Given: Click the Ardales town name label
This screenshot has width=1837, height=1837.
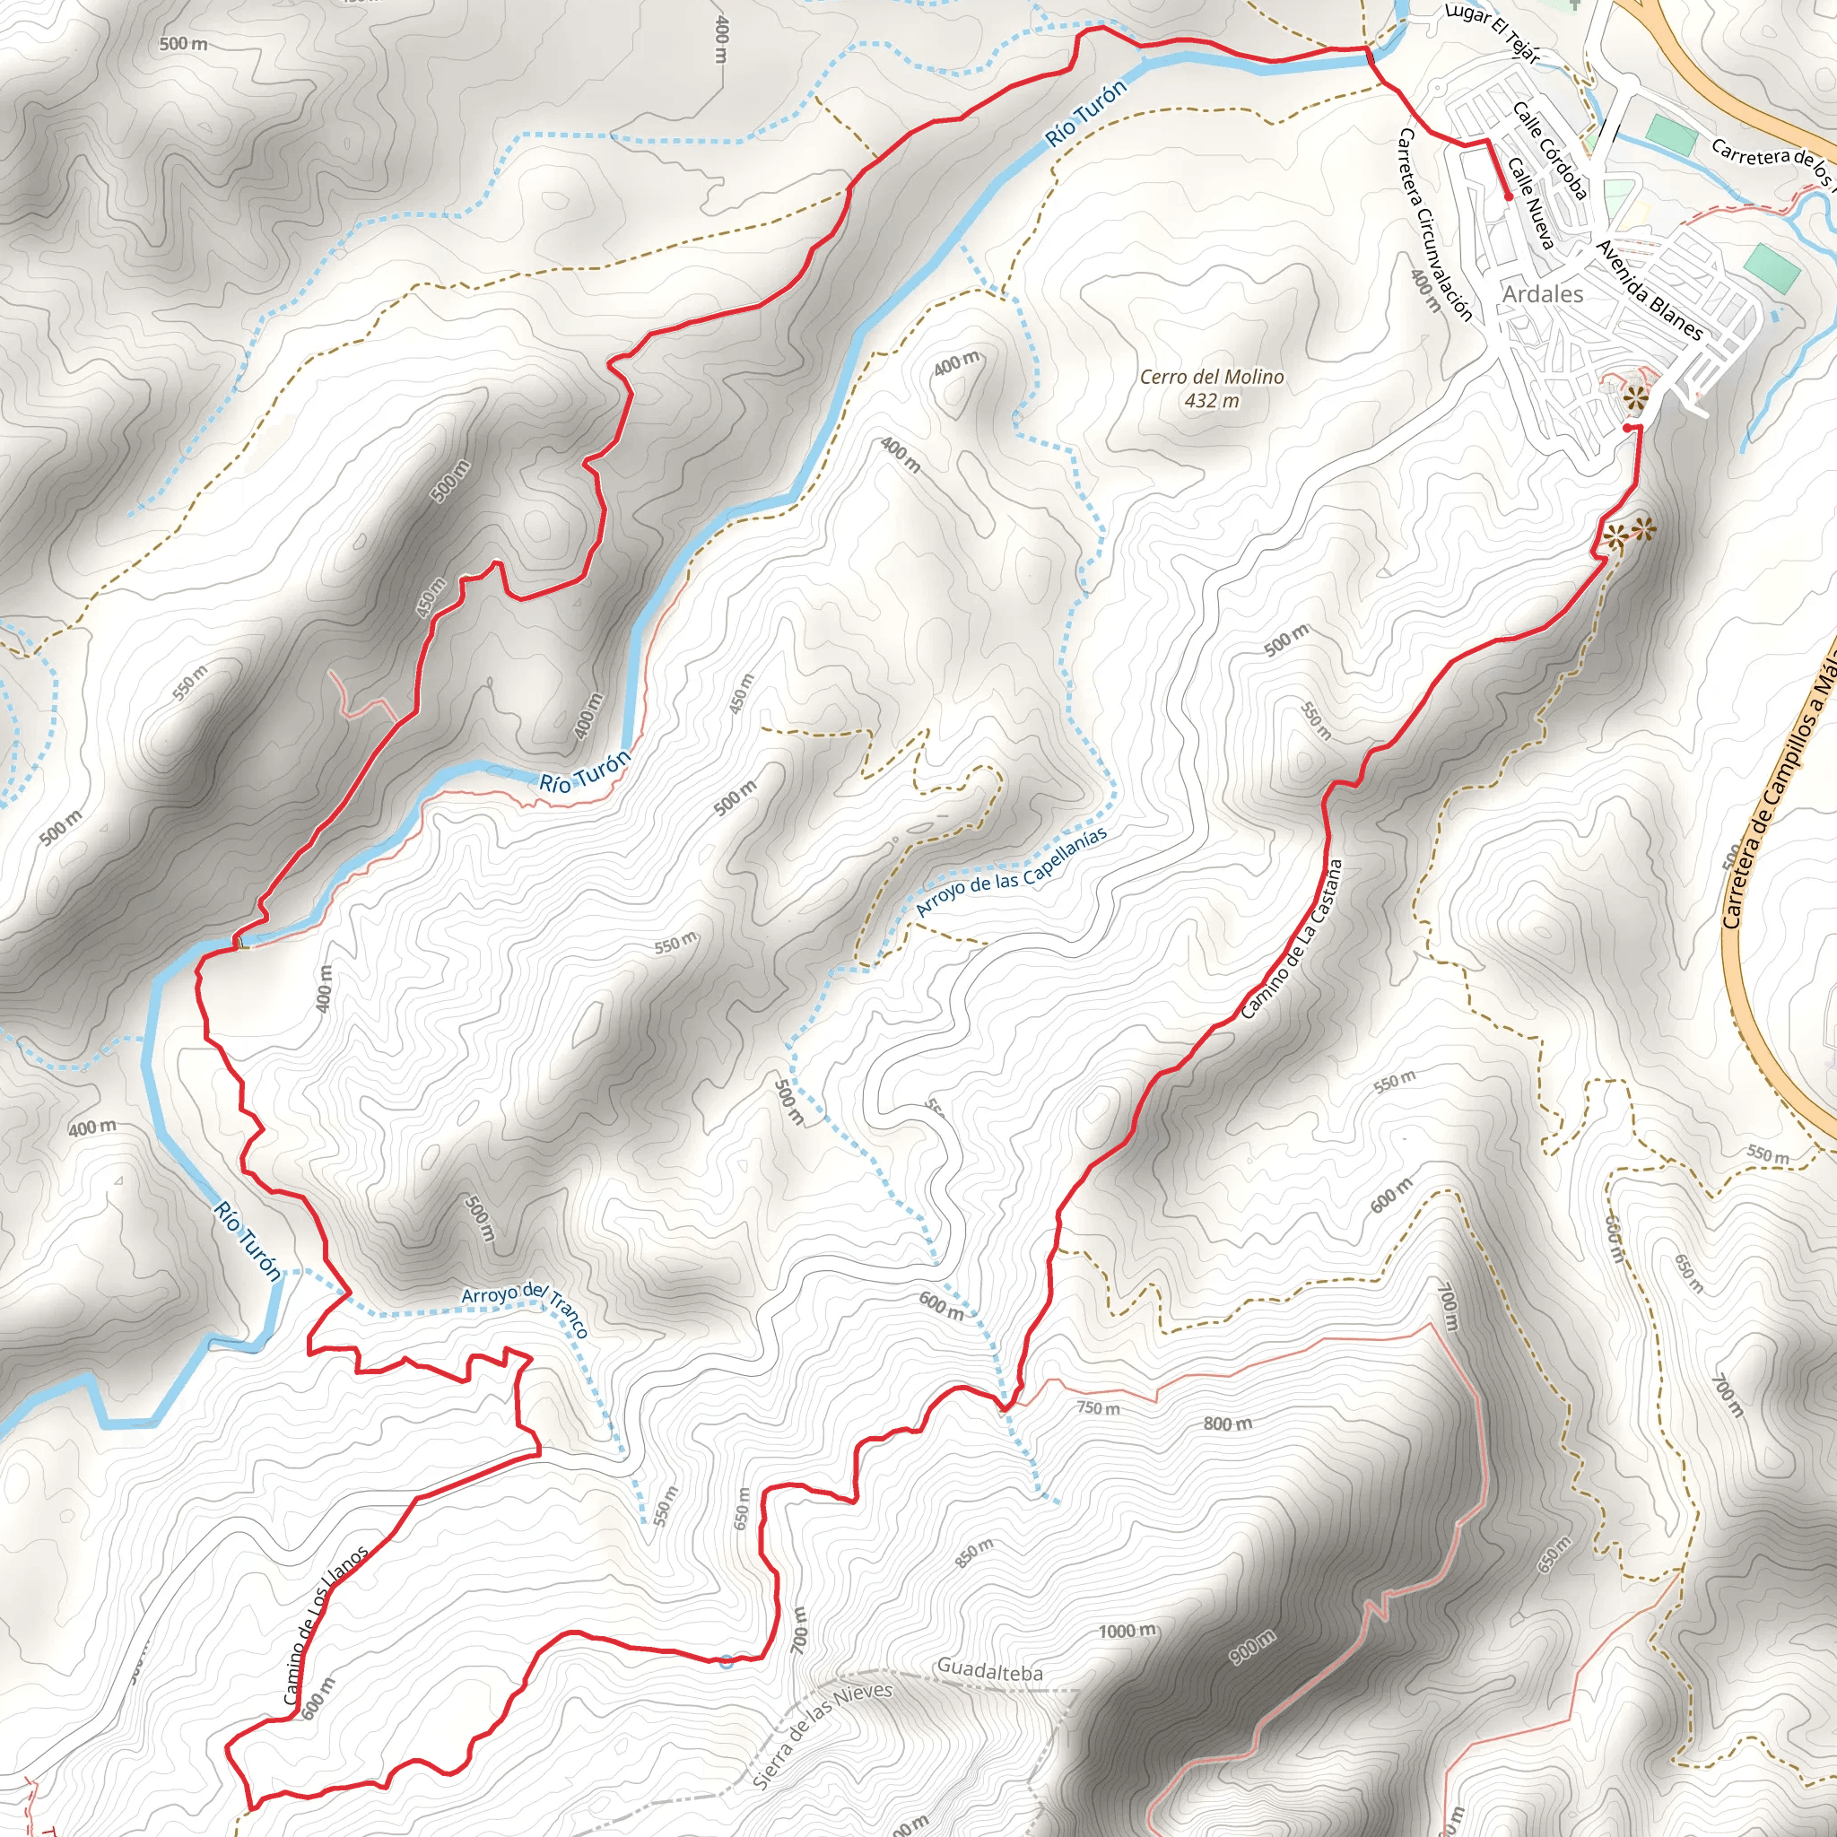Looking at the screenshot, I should coord(1542,294).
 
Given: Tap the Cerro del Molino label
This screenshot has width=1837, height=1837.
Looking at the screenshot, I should coord(1211,378).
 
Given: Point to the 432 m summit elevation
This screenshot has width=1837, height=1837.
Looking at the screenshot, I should coord(1211,400).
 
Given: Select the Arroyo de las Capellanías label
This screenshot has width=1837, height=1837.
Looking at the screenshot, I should coord(1011,872).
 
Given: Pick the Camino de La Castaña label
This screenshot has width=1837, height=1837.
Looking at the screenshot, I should coord(1292,939).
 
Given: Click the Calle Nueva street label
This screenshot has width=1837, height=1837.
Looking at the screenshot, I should coord(1531,205).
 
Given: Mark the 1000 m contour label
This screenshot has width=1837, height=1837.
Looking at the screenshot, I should coord(1127,1632).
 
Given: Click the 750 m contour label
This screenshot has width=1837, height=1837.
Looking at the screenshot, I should coord(1098,1408).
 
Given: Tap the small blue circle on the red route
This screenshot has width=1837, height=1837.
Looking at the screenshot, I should coord(727,1661).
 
